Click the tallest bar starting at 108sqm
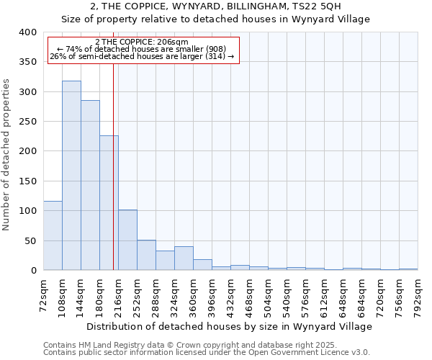coord(71,176)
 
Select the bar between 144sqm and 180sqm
coord(90,185)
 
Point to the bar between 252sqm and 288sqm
coord(146,255)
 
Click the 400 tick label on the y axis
coord(27,32)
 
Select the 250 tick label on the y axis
coord(27,122)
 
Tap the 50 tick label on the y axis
coord(30,240)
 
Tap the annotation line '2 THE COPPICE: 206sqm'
coord(142,42)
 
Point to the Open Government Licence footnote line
coord(207,353)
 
